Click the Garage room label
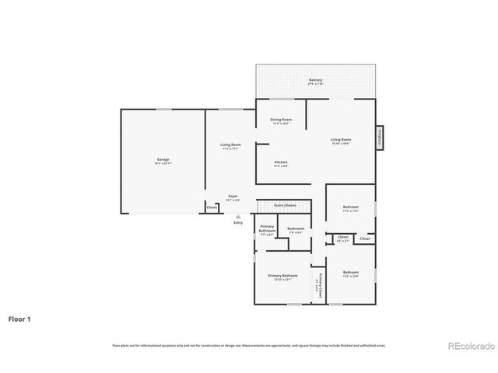163,160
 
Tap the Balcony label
315,81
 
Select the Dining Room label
280,120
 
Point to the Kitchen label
280,163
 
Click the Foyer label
233,197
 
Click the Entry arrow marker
238,217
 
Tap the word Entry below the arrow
238,223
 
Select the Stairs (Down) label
285,204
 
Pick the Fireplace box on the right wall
380,136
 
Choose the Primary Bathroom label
267,230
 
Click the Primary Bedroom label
282,277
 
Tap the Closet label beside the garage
211,207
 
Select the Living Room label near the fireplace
341,141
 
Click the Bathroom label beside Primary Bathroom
296,229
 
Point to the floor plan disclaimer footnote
248,345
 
